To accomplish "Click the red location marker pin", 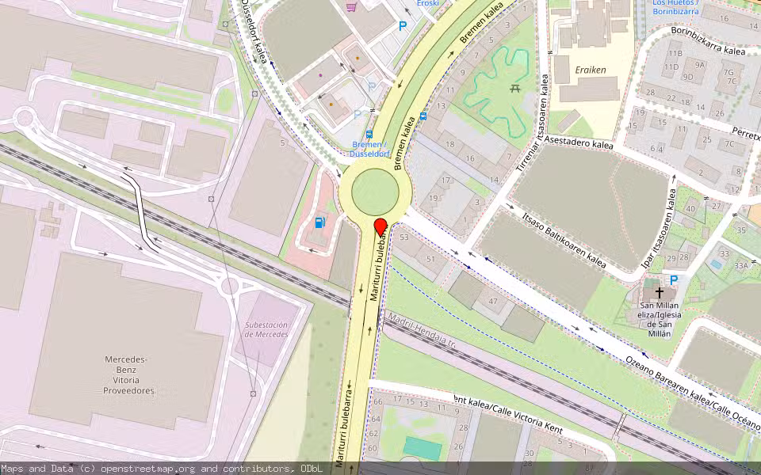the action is click(380, 226).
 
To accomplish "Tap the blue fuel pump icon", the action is click(319, 222).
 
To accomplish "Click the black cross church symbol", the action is click(659, 293).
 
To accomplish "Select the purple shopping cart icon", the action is click(351, 7).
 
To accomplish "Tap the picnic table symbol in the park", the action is click(514, 89).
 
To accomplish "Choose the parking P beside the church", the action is click(674, 279).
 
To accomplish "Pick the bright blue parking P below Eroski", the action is click(403, 26).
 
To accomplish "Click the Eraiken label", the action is click(591, 70).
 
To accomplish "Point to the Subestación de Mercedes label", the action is click(266, 329).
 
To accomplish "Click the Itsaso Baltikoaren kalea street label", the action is click(564, 240).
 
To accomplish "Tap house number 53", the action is click(404, 237).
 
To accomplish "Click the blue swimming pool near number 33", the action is click(717, 263).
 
